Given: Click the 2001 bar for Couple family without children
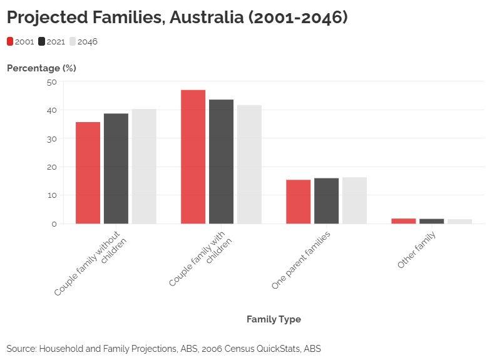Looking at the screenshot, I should pos(88,173).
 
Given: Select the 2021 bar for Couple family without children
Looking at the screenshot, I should pos(116,168).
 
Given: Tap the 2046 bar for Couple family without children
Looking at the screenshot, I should pos(144,167).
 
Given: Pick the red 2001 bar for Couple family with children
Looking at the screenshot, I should pos(193,157).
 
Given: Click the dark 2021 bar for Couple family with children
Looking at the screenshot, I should pos(221,162).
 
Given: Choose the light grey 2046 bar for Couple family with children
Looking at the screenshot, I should pos(249,164).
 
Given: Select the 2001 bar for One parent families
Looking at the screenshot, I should pos(298,202).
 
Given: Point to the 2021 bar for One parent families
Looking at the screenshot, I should pos(326,201).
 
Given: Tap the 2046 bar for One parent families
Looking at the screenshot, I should pos(354,200).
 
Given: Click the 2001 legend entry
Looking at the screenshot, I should pos(21,42).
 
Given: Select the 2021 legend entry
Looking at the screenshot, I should pos(52,42).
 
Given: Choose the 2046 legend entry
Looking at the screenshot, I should pos(83,42).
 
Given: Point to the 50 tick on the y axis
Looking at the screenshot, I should pos(51,81).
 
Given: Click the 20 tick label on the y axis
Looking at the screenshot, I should pos(51,167).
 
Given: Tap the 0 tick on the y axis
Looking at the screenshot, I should pos(54,224).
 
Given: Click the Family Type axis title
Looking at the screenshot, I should pos(274,319).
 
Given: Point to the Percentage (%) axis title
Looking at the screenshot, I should pos(41,68).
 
